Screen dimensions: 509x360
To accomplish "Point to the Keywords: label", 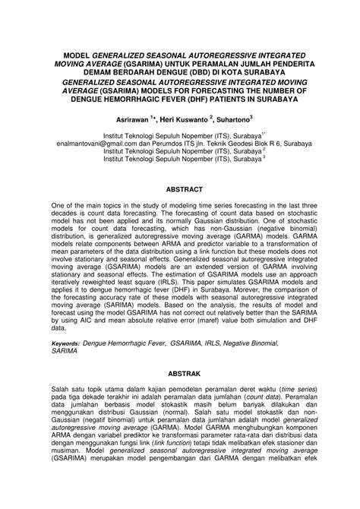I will coord(67,343).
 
